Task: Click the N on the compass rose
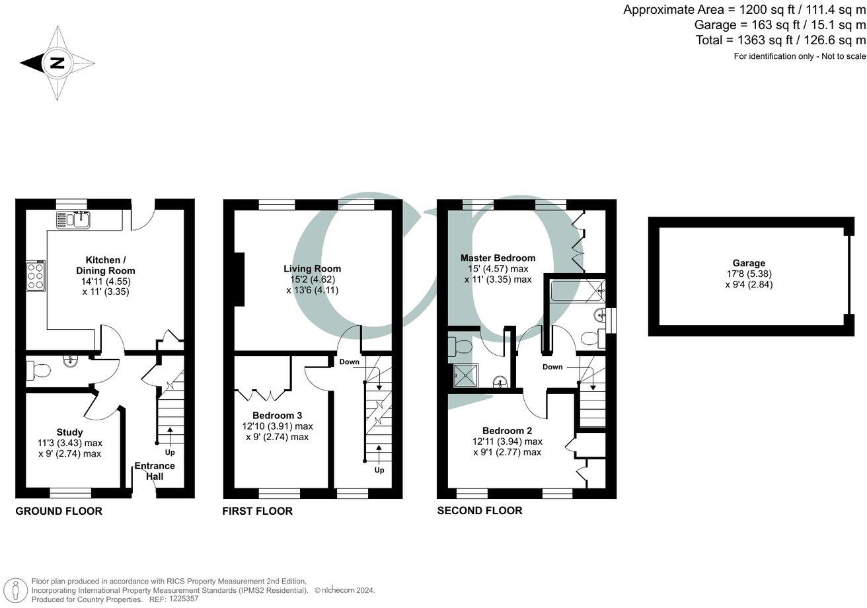pos(57,63)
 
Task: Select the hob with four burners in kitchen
pos(35,276)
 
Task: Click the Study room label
pos(69,432)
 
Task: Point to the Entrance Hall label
pos(155,471)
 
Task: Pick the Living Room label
pos(312,268)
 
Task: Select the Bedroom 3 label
pos(277,415)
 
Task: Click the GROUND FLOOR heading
pos(59,511)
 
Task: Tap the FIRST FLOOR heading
pos(257,511)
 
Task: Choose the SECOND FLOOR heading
pos(480,510)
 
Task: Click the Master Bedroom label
pos(498,258)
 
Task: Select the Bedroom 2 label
pos(507,430)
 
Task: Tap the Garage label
pos(748,263)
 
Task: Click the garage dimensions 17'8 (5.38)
pos(748,274)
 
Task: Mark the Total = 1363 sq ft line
pos(780,40)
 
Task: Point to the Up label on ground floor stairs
pos(170,452)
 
